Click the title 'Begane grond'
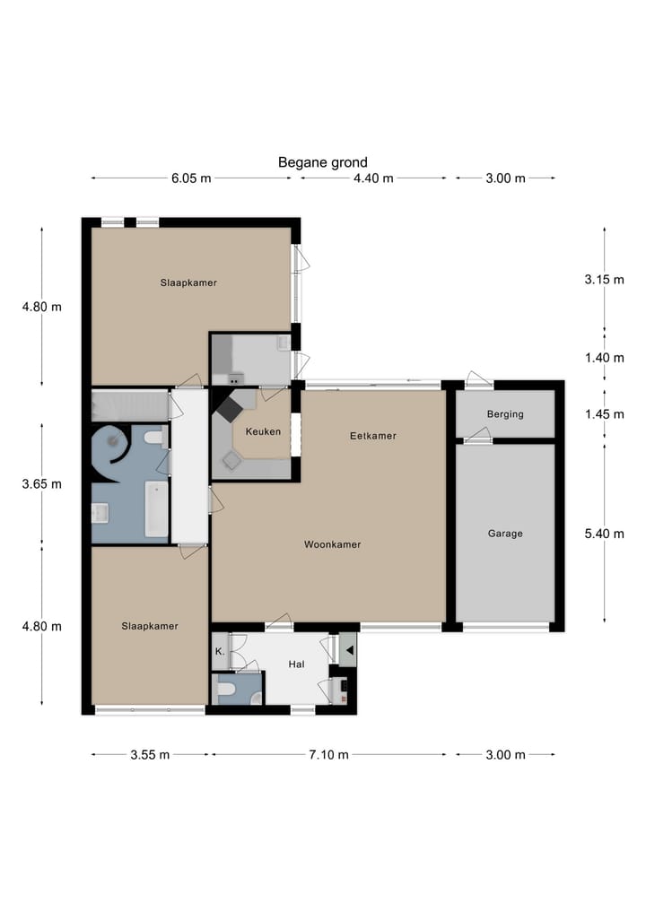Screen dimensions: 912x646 (322, 162)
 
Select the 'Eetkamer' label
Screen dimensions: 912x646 (372, 436)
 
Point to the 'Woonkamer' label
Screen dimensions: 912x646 (332, 544)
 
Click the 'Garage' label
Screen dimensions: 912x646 (505, 534)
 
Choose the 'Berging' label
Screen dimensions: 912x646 (505, 414)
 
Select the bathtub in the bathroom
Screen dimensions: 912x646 (156, 509)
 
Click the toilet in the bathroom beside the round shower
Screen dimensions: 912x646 (153, 438)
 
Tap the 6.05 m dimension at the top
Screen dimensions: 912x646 (191, 178)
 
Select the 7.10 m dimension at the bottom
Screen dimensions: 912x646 (328, 754)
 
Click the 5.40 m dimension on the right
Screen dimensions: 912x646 (603, 534)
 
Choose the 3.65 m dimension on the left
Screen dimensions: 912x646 (42, 484)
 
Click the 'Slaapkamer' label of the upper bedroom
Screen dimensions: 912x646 (188, 282)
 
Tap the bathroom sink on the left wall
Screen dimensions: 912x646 (100, 512)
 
